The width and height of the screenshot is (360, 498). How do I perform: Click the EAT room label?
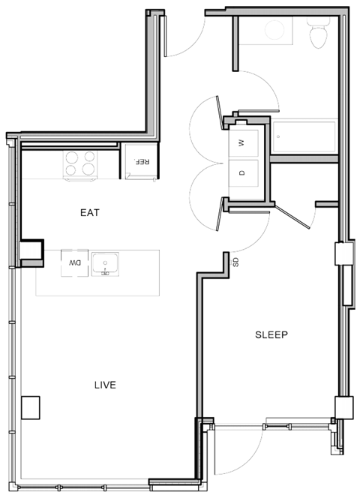click(x=89, y=213)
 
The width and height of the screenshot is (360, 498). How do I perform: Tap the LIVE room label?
click(x=104, y=385)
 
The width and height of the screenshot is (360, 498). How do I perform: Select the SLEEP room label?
click(x=271, y=334)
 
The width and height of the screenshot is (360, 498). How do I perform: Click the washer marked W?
click(x=241, y=142)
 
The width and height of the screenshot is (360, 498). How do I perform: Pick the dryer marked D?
click(x=241, y=173)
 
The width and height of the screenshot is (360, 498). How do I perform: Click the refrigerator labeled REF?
click(x=140, y=161)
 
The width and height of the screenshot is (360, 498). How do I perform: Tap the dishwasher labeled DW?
click(x=74, y=263)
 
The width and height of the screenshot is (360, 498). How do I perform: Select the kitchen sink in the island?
click(x=105, y=263)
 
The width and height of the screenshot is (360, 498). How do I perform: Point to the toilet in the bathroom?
click(x=320, y=32)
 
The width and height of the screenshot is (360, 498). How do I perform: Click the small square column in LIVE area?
click(x=31, y=407)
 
